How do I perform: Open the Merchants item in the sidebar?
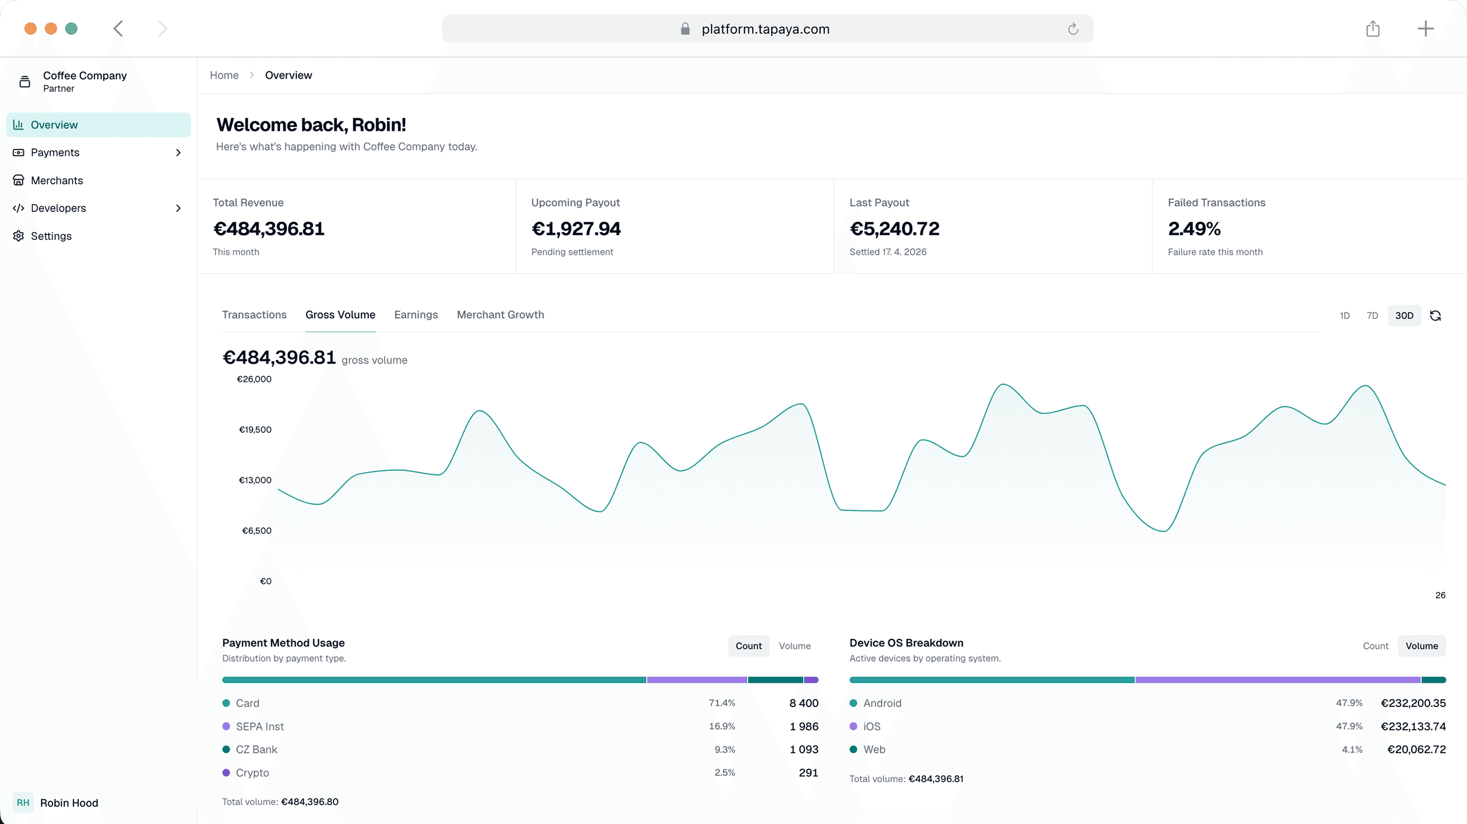click(56, 180)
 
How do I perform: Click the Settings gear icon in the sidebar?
click(18, 236)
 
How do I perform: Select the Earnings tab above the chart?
click(416, 315)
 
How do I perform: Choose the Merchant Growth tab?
click(500, 315)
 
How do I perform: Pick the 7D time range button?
click(1372, 315)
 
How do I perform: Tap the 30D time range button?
click(1404, 315)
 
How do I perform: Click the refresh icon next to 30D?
click(1435, 315)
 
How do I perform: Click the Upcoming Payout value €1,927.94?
click(576, 228)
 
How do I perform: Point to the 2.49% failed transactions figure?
click(1194, 228)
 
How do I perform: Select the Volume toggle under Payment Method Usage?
click(794, 646)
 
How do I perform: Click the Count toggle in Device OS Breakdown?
click(1375, 646)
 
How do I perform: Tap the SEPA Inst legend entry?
click(259, 726)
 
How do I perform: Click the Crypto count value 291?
click(807, 772)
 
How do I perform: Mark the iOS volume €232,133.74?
click(1412, 726)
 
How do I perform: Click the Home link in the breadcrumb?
click(224, 75)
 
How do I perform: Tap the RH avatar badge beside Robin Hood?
click(23, 802)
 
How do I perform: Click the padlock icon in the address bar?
click(685, 29)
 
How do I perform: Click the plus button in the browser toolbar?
click(1425, 29)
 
